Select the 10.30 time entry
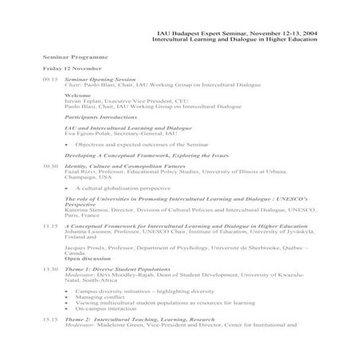(49, 166)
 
